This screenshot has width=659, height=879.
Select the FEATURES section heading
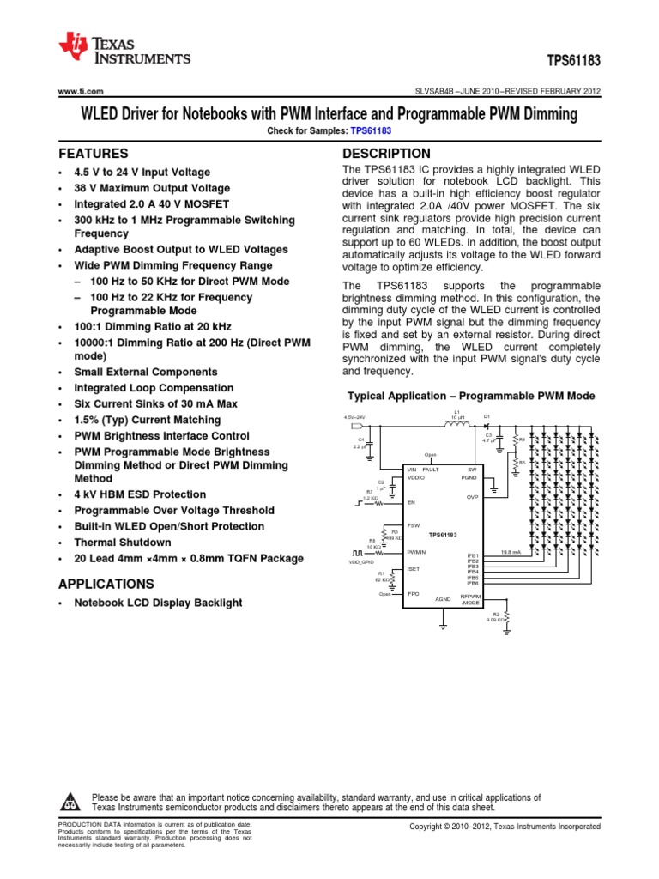click(x=93, y=154)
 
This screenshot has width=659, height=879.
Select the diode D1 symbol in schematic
click(x=486, y=423)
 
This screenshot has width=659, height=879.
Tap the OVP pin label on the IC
click(x=471, y=497)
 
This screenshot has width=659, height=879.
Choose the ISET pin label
click(x=413, y=569)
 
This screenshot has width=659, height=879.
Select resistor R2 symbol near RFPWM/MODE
click(x=507, y=617)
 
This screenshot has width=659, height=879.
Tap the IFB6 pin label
click(x=472, y=584)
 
